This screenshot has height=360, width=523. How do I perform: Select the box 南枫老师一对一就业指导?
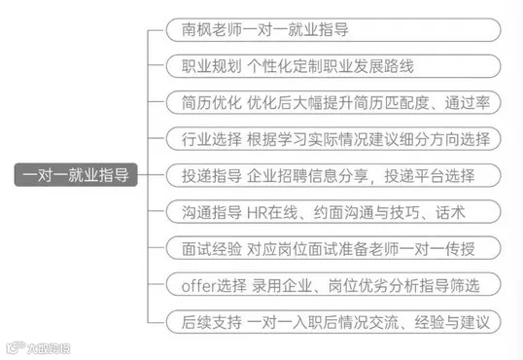point(333,29)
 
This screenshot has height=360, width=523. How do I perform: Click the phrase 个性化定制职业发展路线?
point(344,66)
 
